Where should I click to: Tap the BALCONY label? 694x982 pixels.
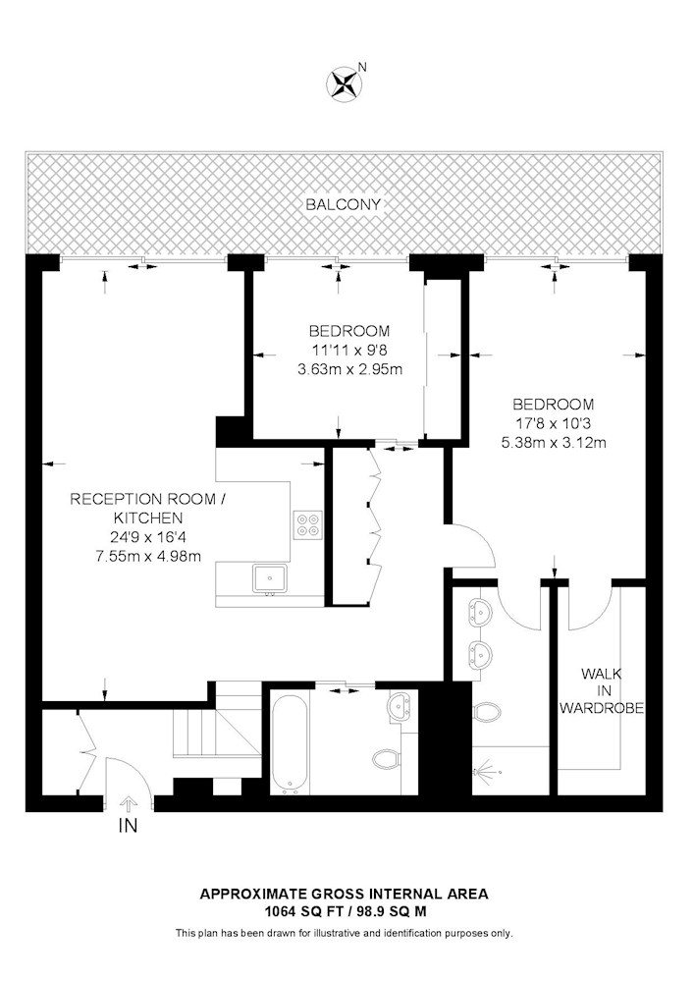[x=344, y=204]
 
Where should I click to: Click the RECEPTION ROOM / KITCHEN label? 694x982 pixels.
[x=147, y=509]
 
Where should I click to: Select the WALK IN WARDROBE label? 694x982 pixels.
[x=602, y=690]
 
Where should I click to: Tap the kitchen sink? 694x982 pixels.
[x=270, y=578]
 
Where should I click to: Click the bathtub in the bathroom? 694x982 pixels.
[x=290, y=742]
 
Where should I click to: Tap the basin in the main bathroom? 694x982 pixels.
[x=400, y=706]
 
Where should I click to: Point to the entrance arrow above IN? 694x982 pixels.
[x=128, y=803]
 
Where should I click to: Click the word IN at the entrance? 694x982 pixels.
[x=128, y=826]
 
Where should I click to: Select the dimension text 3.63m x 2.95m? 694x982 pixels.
[x=349, y=369]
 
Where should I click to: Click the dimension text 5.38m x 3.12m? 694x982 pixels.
[x=554, y=443]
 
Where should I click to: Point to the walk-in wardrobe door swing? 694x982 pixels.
[x=588, y=608]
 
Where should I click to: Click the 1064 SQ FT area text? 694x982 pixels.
[x=299, y=911]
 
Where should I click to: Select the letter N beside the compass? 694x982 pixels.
[x=361, y=67]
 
